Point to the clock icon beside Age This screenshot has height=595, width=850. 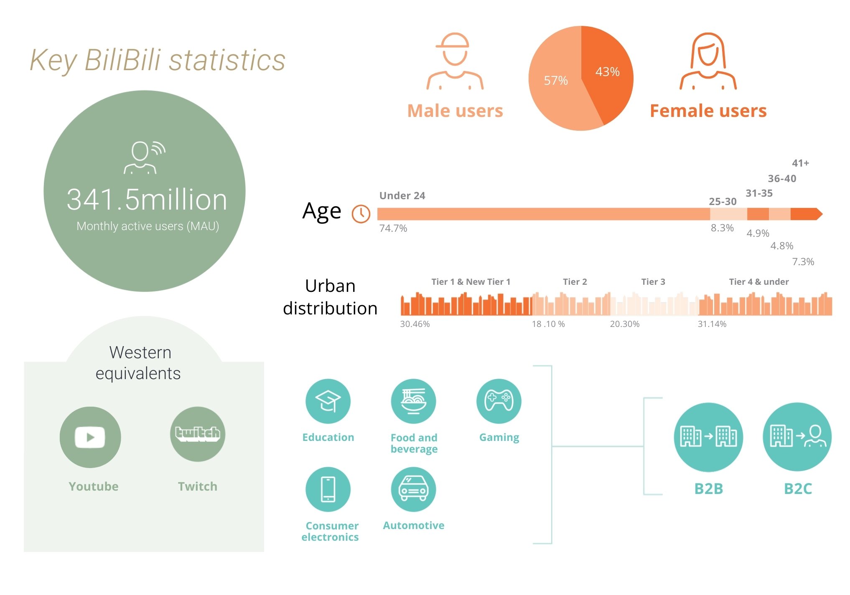tap(361, 214)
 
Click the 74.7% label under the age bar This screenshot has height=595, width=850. tap(393, 228)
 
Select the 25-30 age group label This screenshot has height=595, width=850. tap(723, 201)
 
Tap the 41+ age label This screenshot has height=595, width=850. tap(801, 163)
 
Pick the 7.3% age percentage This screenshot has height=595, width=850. tap(803, 262)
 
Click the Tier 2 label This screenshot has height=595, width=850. tap(575, 282)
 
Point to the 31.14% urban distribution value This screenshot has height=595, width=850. tap(712, 324)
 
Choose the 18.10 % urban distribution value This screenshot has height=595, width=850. tap(548, 324)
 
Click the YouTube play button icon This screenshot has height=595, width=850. tap(90, 437)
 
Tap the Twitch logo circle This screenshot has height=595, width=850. tap(198, 434)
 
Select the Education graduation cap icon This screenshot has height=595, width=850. tap(328, 401)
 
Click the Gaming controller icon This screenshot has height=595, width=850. tap(499, 401)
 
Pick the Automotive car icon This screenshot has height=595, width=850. tap(413, 489)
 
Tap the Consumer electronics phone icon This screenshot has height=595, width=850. tap(328, 489)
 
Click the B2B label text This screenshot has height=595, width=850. tap(709, 489)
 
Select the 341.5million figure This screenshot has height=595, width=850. tap(147, 200)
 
